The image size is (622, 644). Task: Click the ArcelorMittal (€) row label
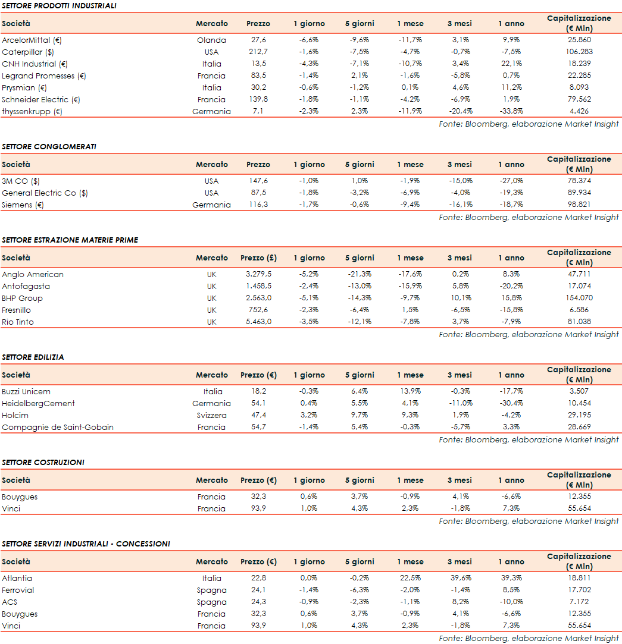point(32,40)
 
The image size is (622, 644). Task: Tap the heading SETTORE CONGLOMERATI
point(49,146)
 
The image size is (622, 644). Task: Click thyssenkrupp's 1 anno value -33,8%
point(511,112)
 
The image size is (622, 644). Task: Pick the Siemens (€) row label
point(23,205)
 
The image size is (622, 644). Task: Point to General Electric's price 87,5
point(258,193)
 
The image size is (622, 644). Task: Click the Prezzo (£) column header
point(258,258)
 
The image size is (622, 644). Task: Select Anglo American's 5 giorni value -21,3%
point(360,275)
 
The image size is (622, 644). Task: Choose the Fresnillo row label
point(17,310)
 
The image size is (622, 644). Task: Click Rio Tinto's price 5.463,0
point(258,322)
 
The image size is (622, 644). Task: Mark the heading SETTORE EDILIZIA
point(33,357)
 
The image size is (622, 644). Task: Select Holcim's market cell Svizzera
point(211,416)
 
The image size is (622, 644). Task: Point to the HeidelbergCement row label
point(39,404)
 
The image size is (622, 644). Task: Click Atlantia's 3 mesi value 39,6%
point(460,579)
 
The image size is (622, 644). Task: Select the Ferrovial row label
point(18,590)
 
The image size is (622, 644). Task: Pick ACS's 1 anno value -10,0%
point(511,602)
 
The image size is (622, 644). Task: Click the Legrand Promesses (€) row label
point(44,76)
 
